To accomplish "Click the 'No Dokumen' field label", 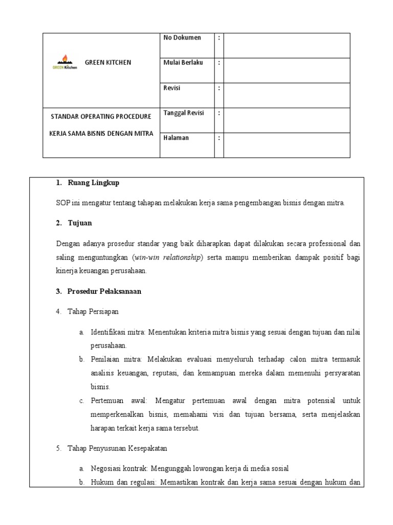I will [182, 38].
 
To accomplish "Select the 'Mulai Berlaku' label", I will [183, 63].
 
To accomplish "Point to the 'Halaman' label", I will [176, 138].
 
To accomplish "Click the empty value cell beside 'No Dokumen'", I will [287, 46].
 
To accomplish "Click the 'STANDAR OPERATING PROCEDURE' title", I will [101, 116].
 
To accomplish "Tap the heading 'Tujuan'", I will [80, 223].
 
